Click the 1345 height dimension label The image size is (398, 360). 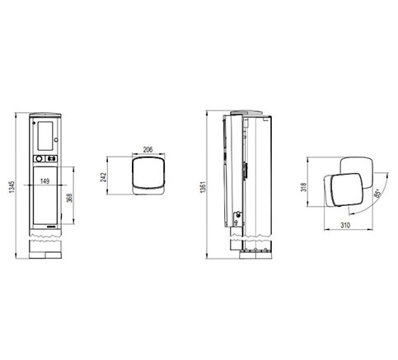(x=12, y=186)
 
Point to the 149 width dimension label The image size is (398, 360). (x=44, y=181)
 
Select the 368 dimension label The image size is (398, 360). (x=70, y=198)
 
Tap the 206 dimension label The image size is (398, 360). (x=147, y=150)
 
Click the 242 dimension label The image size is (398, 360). (x=103, y=177)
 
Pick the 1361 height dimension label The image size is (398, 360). (x=203, y=186)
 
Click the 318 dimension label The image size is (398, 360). (x=304, y=187)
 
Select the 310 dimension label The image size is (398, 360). (x=345, y=225)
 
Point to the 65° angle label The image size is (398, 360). (x=377, y=193)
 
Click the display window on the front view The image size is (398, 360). (x=45, y=136)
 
